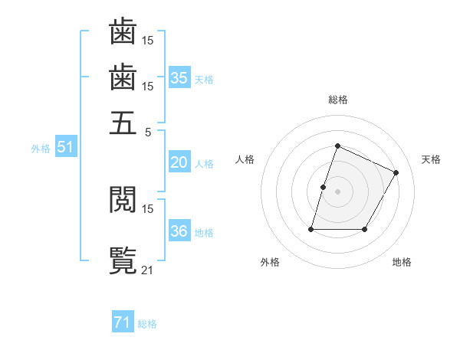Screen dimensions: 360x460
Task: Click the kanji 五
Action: [123, 123]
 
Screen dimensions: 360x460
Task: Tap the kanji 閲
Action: [123, 201]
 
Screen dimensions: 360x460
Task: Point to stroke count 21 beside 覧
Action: [148, 269]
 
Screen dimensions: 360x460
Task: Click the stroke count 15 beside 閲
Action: [148, 208]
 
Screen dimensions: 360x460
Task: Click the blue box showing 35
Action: [179, 78]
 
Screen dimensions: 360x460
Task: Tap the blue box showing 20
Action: [179, 162]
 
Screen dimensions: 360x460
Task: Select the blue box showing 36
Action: [179, 232]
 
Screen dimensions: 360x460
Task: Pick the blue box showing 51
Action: [65, 148]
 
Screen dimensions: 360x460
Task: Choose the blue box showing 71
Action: [123, 323]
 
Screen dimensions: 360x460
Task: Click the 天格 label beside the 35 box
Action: [204, 79]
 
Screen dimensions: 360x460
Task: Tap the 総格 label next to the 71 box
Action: [147, 324]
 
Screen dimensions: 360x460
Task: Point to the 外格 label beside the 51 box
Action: [41, 149]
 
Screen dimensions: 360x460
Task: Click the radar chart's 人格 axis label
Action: [245, 159]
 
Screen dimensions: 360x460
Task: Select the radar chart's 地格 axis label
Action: [402, 262]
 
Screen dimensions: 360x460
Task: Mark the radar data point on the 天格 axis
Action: [396, 172]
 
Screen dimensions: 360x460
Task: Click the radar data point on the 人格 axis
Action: [323, 187]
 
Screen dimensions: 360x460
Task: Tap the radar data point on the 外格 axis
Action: [312, 229]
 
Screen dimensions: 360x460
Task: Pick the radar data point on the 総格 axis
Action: [337, 146]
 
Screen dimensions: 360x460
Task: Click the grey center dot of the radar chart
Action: [337, 191]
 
